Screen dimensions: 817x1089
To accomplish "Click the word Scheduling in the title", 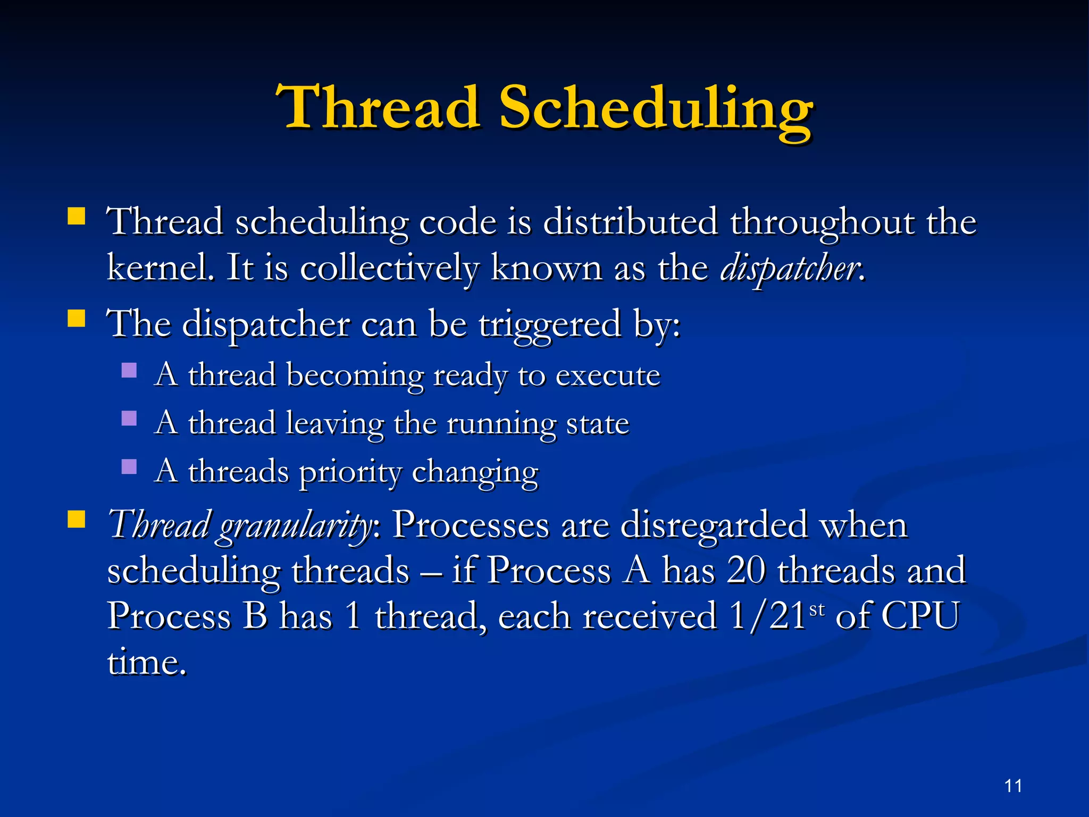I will pyautogui.click(x=655, y=109).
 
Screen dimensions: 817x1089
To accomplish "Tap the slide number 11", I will pyautogui.click(x=1013, y=786).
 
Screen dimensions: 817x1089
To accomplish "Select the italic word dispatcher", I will pyautogui.click(x=789, y=268).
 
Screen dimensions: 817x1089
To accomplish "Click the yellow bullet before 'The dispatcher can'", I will pyautogui.click(x=77, y=318).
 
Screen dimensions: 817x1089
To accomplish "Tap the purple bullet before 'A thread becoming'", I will pyautogui.click(x=129, y=370).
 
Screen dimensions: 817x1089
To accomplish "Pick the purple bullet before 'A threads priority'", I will pyautogui.click(x=129, y=466).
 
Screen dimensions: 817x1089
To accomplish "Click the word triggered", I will pyautogui.click(x=550, y=324).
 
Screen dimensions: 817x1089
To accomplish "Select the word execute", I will pyautogui.click(x=607, y=376).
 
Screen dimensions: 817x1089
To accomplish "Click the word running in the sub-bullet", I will pyautogui.click(x=501, y=424).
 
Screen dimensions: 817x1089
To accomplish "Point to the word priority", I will pyautogui.click(x=350, y=472).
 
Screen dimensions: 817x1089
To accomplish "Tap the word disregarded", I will pyautogui.click(x=714, y=525).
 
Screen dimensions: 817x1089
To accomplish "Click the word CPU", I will pyautogui.click(x=920, y=616).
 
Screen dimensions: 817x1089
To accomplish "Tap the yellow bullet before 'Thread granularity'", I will pyautogui.click(x=77, y=519).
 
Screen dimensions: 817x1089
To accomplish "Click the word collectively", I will pyautogui.click(x=389, y=268).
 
